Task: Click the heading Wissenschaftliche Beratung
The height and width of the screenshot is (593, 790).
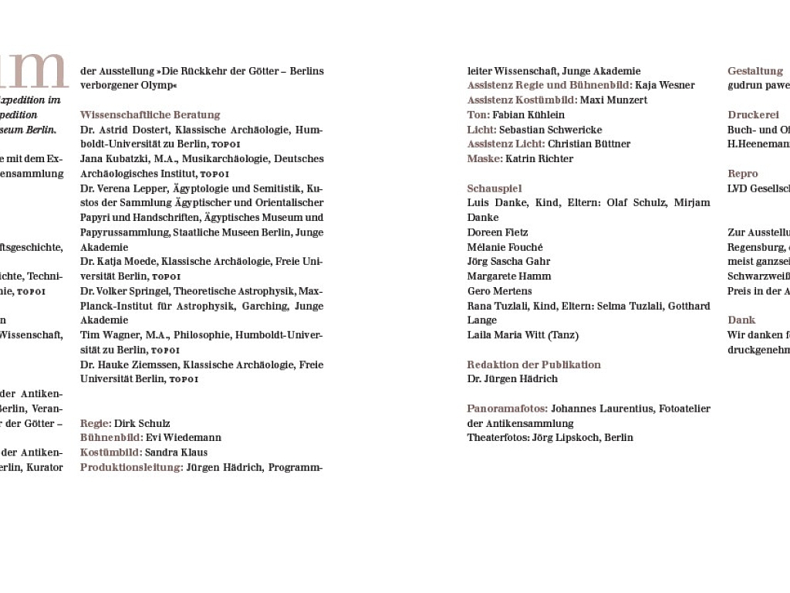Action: click(150, 115)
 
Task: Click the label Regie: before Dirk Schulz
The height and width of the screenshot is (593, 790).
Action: click(96, 423)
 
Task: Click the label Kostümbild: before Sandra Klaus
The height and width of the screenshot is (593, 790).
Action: click(111, 452)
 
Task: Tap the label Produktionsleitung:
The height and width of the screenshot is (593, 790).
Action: click(131, 467)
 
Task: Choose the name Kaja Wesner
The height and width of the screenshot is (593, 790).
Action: click(665, 86)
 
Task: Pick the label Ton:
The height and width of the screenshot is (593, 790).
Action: click(478, 115)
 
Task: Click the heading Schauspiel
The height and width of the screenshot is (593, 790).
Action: click(495, 188)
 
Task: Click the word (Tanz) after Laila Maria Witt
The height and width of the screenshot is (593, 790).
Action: click(563, 335)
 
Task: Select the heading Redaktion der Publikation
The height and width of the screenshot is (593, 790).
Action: click(534, 364)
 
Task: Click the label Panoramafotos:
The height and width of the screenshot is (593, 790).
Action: click(507, 408)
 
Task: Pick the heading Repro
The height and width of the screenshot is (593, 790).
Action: click(743, 174)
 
